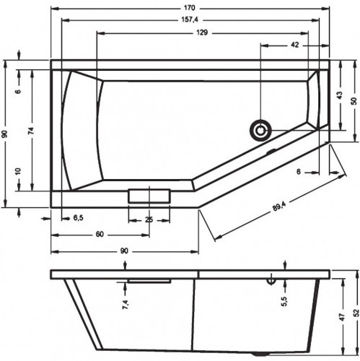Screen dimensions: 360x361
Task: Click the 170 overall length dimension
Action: point(190,8)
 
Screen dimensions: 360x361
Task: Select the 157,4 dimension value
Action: point(190,19)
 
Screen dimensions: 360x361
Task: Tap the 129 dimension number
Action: point(202,32)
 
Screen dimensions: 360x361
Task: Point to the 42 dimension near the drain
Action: point(294,45)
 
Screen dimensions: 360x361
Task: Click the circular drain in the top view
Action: point(260,131)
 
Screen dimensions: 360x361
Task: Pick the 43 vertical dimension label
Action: point(339,95)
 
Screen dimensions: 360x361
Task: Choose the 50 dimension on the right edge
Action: point(354,101)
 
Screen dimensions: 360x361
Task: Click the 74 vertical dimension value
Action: point(31,130)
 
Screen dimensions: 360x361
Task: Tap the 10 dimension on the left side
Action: point(19,171)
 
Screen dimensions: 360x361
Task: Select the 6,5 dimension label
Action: point(79,218)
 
